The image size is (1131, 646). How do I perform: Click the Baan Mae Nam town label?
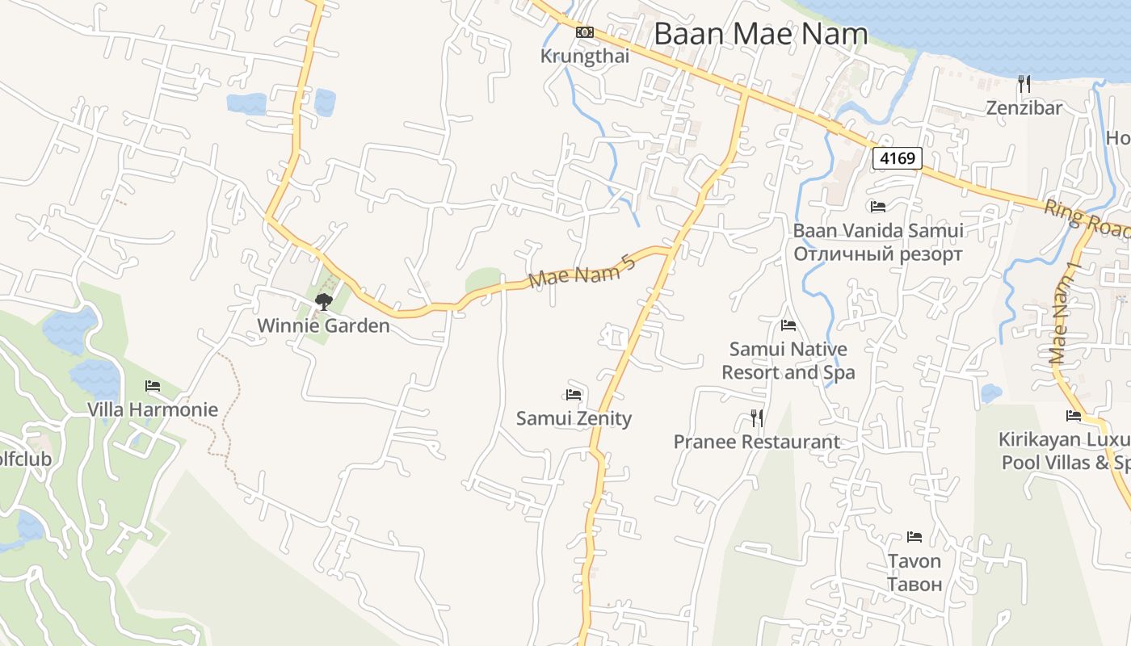760,34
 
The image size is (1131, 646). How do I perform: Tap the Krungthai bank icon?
585,32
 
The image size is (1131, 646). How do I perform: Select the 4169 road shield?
898,158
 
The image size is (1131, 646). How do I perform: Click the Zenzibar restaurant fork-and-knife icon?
1024,83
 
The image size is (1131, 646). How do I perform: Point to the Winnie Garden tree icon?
323,302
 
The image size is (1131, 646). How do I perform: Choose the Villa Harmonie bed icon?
153,386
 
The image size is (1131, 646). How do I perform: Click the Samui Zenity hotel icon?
574,395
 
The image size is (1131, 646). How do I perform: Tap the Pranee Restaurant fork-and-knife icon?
757,417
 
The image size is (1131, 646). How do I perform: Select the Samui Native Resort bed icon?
788,325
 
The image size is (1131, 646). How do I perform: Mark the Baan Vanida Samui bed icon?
878,207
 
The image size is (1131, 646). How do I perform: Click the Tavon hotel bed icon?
914,537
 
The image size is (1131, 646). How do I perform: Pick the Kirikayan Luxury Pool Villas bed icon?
1074,416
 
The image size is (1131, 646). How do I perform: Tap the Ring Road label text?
1086,218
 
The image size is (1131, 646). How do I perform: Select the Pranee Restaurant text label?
757,442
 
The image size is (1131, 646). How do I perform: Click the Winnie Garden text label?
323,326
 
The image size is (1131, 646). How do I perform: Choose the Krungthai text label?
585,57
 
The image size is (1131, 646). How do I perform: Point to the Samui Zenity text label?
574,418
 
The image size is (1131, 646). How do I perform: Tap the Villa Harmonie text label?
153,409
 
